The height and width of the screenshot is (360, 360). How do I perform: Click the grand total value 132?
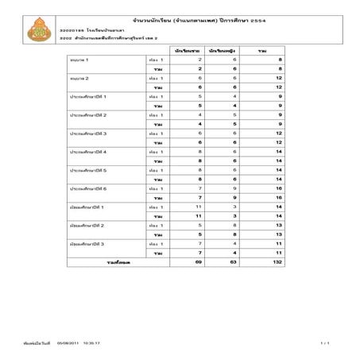click(x=277, y=261)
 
